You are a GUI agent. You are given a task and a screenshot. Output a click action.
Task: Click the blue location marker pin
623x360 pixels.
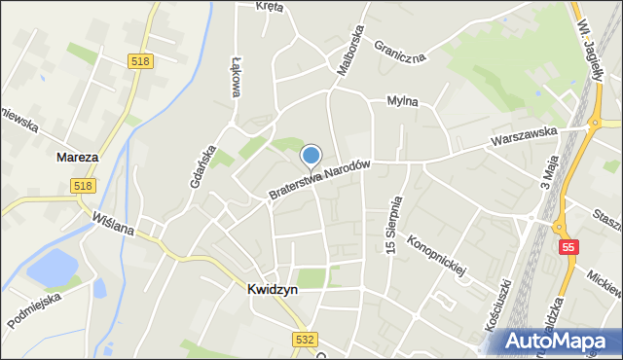click(311, 156)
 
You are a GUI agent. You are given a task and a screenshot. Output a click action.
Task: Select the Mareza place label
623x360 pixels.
click(77, 157)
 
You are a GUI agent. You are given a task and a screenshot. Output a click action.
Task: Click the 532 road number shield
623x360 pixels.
click(304, 337)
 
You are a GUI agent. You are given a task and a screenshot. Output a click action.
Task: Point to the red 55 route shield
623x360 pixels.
click(568, 248)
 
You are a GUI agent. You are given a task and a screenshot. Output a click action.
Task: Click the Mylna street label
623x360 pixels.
click(402, 100)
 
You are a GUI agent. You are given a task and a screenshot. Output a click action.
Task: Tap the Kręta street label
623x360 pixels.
click(270, 7)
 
